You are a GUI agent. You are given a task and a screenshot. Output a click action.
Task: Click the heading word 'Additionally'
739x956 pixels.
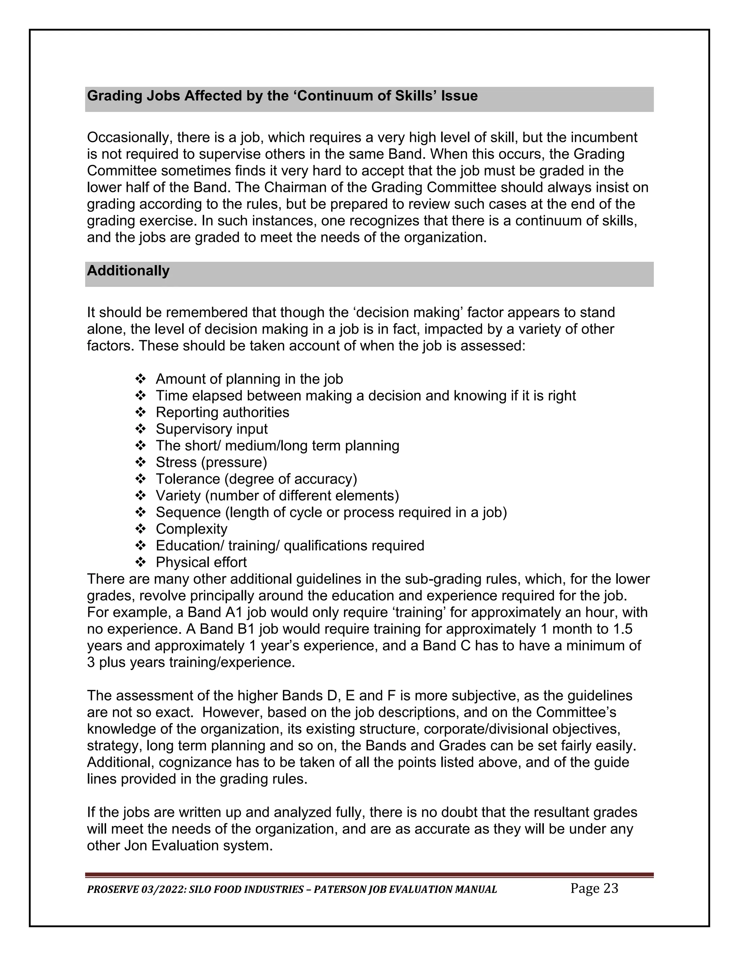click(x=128, y=271)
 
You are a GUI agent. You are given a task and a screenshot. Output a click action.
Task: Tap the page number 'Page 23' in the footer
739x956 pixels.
click(x=594, y=889)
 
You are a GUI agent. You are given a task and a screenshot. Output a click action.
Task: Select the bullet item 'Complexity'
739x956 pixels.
click(x=191, y=529)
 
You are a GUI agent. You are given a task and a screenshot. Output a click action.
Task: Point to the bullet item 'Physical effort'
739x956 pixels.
click(x=201, y=562)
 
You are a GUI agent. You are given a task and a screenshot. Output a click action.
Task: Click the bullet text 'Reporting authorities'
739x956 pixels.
click(x=222, y=412)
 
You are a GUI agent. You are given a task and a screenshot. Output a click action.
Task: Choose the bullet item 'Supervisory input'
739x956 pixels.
click(x=211, y=429)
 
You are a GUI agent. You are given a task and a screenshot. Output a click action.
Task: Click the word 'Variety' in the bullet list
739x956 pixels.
click(x=178, y=496)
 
